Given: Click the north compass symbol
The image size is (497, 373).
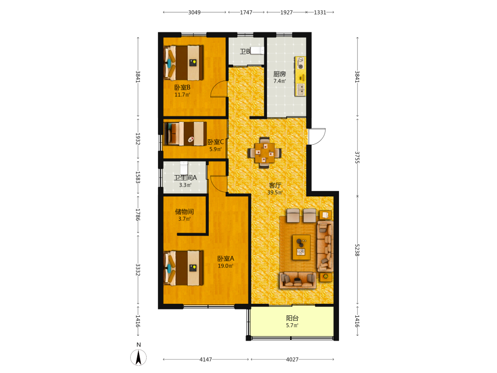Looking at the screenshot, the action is point(139,357).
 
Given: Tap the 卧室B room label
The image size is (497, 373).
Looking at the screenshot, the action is point(182,87).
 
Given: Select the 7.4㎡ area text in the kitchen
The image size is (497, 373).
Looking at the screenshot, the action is point(279,81).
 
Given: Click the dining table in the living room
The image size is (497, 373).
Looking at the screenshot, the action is point(265,153).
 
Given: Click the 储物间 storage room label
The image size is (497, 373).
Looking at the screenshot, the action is point(184,211).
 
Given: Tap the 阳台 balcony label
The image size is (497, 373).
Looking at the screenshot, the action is point(292,318).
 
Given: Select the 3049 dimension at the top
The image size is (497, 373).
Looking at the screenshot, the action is point(194,12).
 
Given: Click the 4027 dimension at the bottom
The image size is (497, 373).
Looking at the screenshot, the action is point(292,360).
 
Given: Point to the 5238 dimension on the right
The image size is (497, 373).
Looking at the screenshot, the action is point(357,250).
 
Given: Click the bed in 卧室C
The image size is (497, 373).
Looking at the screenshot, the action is point(185,134).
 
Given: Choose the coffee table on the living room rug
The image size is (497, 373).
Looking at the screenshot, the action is point(301,247).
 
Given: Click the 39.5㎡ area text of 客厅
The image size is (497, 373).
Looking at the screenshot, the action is point(275,192).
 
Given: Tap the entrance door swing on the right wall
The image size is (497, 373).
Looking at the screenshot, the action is point(317,136).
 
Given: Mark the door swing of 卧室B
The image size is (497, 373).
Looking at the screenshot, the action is point(219,89).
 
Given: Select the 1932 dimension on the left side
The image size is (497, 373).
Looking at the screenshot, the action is point(138,139).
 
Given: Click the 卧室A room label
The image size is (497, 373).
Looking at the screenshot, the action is point(226,259).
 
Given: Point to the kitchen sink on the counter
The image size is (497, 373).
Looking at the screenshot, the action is point(300,90).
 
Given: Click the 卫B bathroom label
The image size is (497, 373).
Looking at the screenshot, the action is point(245,51).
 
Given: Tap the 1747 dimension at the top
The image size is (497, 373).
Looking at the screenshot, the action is point(246,12).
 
